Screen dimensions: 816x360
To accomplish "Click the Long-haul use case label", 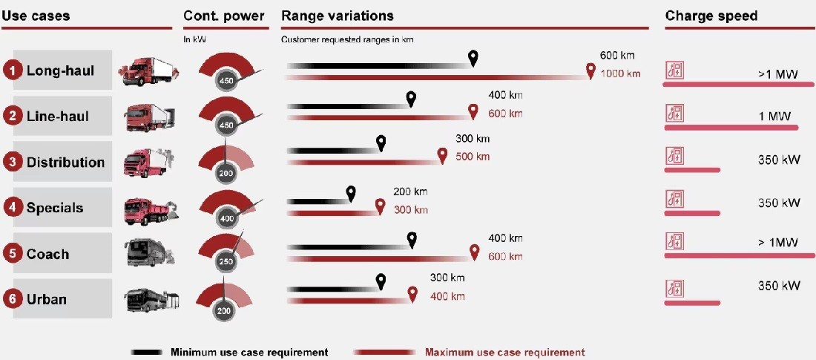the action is (x=60, y=71).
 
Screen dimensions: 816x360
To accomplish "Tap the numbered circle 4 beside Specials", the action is (x=12, y=208).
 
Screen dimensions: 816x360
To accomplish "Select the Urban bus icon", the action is (x=151, y=300).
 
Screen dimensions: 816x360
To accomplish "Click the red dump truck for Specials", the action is (x=152, y=209).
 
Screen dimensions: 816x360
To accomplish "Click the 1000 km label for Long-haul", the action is (x=620, y=74).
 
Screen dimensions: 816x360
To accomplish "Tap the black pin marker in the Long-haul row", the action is (x=473, y=59).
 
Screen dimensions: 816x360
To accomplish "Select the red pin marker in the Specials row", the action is (x=381, y=206).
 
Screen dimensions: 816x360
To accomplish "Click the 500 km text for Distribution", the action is (x=473, y=157).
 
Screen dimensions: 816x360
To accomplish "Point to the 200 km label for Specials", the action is (x=410, y=192).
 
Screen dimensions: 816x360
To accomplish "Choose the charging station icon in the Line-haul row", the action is (x=675, y=114).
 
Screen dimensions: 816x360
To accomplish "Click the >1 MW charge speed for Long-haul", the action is (x=777, y=74).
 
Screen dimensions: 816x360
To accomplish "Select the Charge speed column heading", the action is (x=711, y=16).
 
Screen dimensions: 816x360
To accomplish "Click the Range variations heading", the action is (x=338, y=16).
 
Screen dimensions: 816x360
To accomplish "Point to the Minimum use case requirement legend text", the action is (x=249, y=352).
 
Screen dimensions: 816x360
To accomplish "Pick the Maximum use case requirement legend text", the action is (x=504, y=352).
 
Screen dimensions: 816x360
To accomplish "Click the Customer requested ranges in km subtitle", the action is (x=347, y=39).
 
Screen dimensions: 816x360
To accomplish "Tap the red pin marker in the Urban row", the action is (x=412, y=295).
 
